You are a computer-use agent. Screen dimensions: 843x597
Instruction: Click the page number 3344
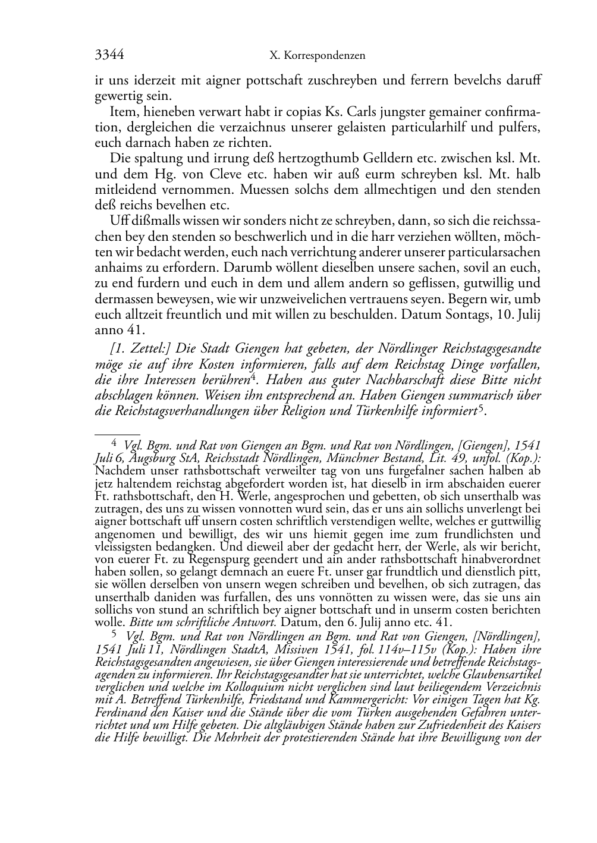[x=109, y=55]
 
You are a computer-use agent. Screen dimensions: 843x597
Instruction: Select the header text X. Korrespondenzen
[x=317, y=56]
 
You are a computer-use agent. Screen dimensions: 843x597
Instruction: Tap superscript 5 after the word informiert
[x=482, y=407]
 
